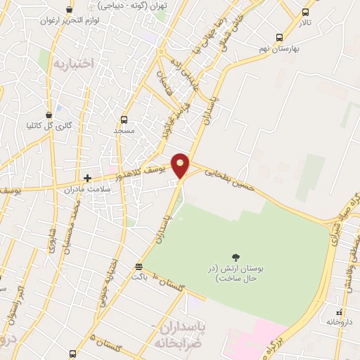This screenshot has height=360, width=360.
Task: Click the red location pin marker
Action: tap(181, 165)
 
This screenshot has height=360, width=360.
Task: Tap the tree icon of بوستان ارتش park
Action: tap(235, 257)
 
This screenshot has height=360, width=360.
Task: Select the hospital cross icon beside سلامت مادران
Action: tap(88, 179)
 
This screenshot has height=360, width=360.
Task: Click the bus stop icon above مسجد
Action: tap(124, 119)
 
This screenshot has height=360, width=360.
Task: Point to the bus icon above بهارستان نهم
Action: tap(280, 38)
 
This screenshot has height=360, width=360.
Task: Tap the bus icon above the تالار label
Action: tap(304, 12)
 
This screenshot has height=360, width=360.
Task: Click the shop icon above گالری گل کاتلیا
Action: tap(48, 115)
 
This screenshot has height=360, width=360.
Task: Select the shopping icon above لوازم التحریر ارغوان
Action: tap(69, 9)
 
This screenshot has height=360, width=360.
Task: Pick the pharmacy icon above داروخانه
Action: tap(340, 311)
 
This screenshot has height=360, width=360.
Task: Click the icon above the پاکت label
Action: tap(139, 266)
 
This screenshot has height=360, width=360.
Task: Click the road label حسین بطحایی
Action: tap(226, 176)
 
